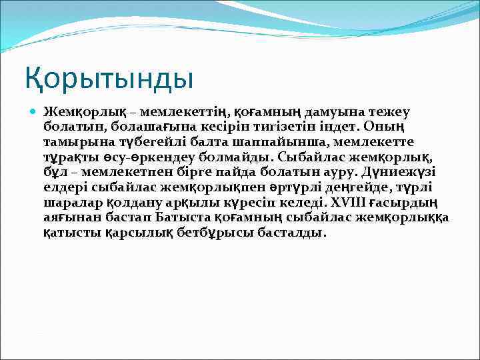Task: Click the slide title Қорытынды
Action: tap(109, 79)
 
